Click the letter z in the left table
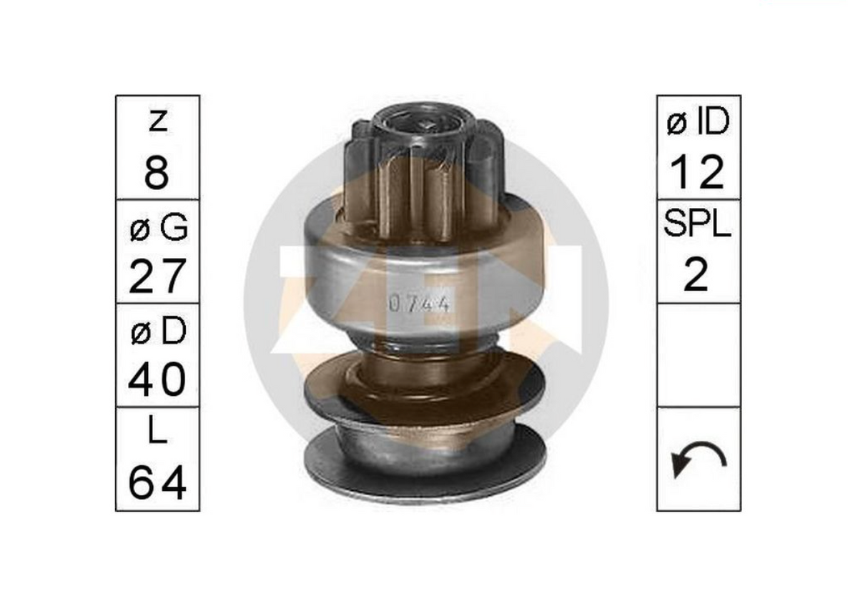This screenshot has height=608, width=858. tap(158, 121)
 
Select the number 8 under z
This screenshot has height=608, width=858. tap(157, 174)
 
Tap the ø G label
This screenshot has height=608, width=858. tap(159, 227)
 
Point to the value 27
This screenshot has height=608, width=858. tap(158, 276)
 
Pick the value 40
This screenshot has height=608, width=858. tap(157, 379)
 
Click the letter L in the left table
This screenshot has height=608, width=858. tap(157, 431)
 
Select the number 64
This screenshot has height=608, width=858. tap(157, 483)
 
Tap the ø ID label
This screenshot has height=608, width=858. tap(699, 121)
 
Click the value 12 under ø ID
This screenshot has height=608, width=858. tap(697, 173)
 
